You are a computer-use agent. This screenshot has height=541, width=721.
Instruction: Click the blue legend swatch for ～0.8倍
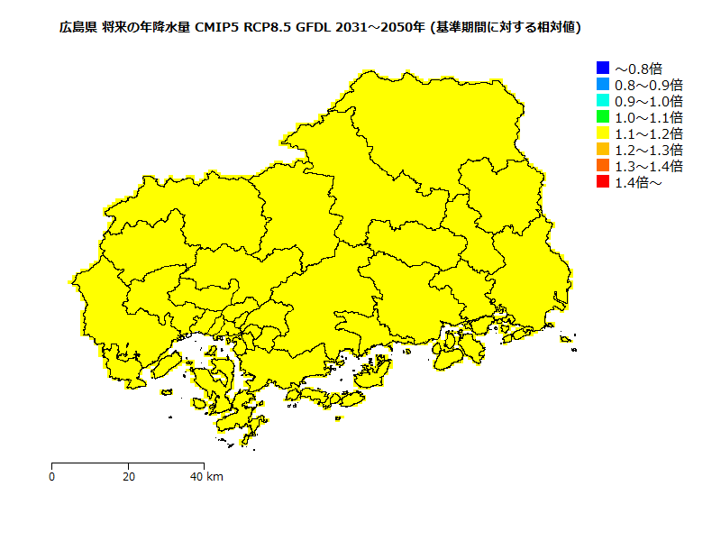[603, 68]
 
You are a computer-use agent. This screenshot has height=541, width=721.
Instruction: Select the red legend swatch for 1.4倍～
[603, 182]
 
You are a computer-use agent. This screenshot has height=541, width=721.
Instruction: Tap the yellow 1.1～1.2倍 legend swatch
[603, 133]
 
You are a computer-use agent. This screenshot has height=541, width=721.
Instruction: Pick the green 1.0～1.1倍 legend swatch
[603, 117]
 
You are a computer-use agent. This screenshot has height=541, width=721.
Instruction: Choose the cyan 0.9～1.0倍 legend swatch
[603, 100]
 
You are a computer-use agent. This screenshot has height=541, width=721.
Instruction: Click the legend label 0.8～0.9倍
[648, 85]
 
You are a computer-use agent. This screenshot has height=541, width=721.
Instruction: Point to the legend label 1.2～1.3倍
[648, 150]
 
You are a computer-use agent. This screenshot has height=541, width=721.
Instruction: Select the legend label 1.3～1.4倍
[648, 166]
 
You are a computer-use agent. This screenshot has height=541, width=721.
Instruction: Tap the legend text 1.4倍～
[638, 183]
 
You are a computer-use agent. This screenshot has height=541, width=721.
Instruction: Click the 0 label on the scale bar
[52, 477]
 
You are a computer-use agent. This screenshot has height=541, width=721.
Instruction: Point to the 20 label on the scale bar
[129, 477]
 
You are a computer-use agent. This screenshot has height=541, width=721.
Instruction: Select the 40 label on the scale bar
[196, 477]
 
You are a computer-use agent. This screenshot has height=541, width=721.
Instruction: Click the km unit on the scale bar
[214, 477]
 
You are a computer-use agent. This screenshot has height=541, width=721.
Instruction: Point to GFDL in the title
[315, 28]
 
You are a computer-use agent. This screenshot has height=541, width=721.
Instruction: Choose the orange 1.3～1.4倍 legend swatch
[603, 166]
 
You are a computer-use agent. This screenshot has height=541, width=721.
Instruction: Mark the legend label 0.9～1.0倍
[648, 101]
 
